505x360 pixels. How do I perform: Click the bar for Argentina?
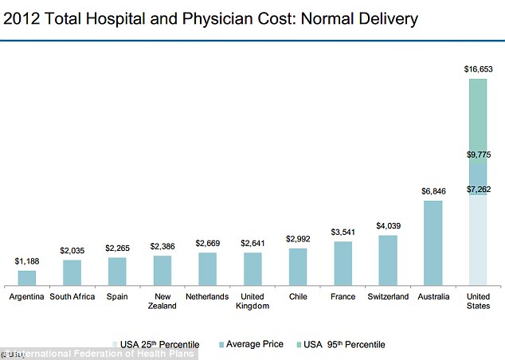coord(26,278)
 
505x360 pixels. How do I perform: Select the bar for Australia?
coord(433,243)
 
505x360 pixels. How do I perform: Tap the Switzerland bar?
coord(387,260)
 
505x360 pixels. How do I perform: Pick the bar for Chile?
coord(297,267)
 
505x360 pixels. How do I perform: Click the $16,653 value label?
coord(478,69)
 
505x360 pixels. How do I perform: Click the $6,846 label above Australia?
coord(433,192)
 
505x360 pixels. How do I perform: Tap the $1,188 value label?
coord(26,261)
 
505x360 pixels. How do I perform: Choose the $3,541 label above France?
coord(343,233)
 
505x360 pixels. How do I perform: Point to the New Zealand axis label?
coord(162,301)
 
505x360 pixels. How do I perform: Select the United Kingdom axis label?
coord(252,301)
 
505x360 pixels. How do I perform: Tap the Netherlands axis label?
coord(207,296)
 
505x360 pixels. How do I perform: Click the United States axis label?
coord(478,301)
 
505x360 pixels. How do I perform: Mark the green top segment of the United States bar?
coord(478,119)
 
